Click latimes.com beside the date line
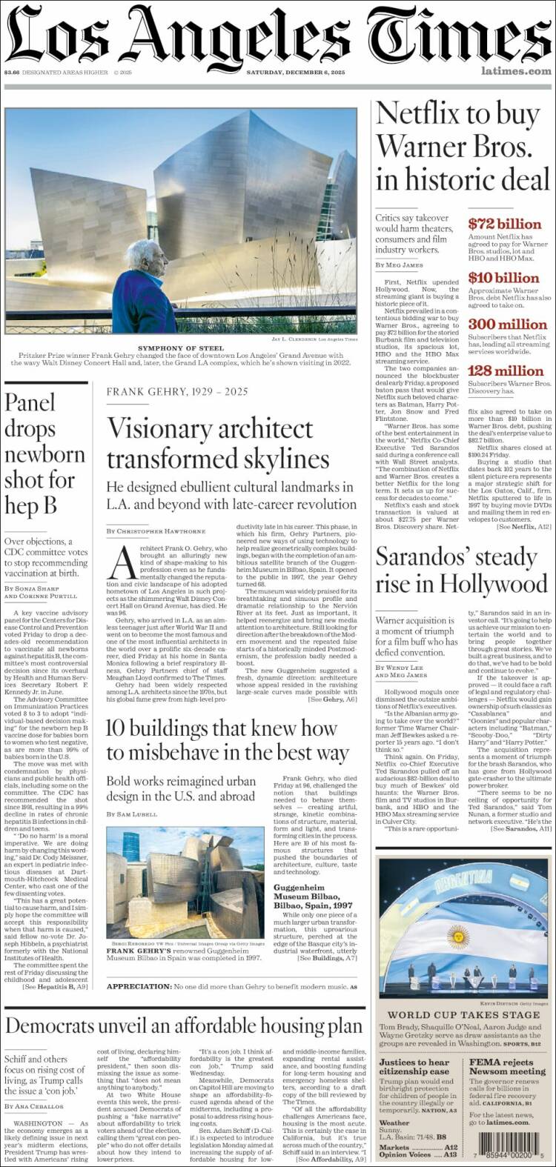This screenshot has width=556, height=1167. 516,71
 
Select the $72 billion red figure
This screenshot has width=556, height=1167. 505,224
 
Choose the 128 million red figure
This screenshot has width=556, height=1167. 506,370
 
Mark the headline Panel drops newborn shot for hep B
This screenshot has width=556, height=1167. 41,453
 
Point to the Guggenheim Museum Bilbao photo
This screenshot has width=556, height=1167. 185,882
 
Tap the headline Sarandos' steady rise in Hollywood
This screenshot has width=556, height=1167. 461,570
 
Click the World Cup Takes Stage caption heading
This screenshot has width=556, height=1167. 463,1014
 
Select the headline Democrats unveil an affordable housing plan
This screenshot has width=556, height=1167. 184,1026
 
